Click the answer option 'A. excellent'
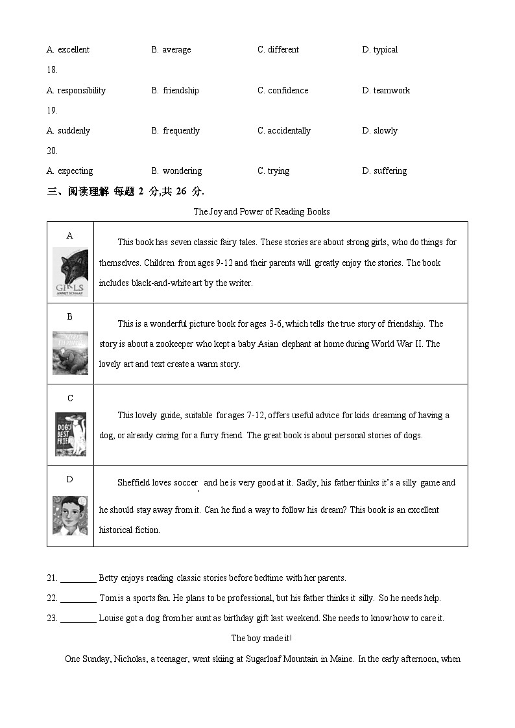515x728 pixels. [x=67, y=50]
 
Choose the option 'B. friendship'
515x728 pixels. [x=175, y=91]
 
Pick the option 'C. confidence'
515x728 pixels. [x=283, y=91]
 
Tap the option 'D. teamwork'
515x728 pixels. [x=386, y=91]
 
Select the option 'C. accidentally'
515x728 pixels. [x=284, y=131]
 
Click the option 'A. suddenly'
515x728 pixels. [x=68, y=131]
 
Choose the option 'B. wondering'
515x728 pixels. [x=176, y=171]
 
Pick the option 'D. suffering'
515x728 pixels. [x=384, y=171]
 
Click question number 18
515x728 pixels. [x=52, y=70]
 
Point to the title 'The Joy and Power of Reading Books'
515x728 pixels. [x=261, y=212]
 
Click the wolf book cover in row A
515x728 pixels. [x=70, y=272]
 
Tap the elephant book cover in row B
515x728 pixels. [x=70, y=353]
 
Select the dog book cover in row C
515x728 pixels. [x=70, y=434]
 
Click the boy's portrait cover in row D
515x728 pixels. [x=70, y=515]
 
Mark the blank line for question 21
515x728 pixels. [x=78, y=578]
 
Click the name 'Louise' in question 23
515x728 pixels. [x=111, y=618]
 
